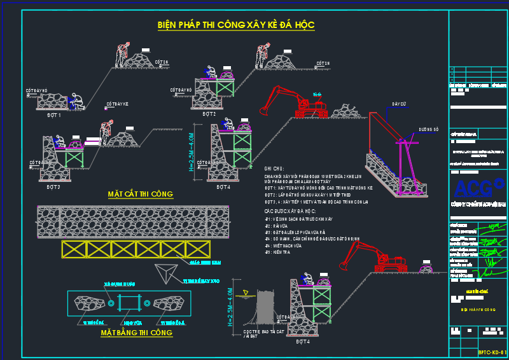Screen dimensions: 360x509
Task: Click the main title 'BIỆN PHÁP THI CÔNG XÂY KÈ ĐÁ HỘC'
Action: (236, 25)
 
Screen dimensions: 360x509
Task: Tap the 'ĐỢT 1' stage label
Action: (53, 115)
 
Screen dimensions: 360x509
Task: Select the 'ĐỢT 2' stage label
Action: (209, 114)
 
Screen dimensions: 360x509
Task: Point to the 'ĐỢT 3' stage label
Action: (53, 186)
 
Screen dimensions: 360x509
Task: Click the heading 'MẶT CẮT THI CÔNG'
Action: (141, 194)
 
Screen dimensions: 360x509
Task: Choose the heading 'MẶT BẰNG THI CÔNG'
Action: (136, 332)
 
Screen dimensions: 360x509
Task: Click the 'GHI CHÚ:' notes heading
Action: (274, 169)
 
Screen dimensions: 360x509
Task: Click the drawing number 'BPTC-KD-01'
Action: (492, 352)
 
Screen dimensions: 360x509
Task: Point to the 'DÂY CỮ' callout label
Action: (398, 103)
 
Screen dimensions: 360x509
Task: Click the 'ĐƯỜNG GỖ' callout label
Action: (428, 129)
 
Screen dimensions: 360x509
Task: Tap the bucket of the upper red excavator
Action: (261, 112)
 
